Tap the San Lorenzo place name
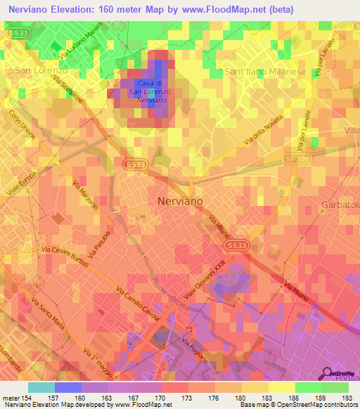point(41,71)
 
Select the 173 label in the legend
point(188,398)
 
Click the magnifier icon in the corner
point(328,374)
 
